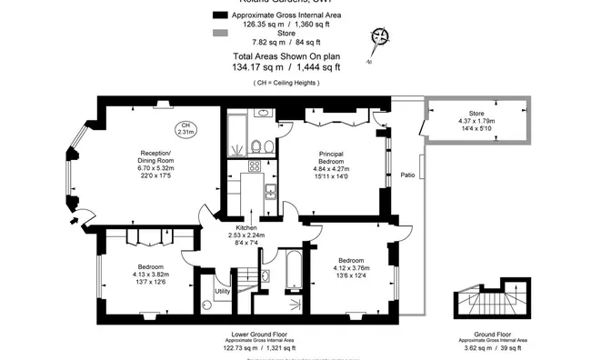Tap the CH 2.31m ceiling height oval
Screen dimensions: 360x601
coord(185,128)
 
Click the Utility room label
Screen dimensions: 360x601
coord(222,291)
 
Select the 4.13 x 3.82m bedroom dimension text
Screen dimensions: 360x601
coord(149,274)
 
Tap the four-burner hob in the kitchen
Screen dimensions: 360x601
coord(255,166)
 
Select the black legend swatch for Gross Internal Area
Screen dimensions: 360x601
coord(219,15)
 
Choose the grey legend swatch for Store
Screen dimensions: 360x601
coord(219,34)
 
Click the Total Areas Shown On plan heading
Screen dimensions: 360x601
coord(285,55)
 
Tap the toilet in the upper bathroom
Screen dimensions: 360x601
coord(259,145)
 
